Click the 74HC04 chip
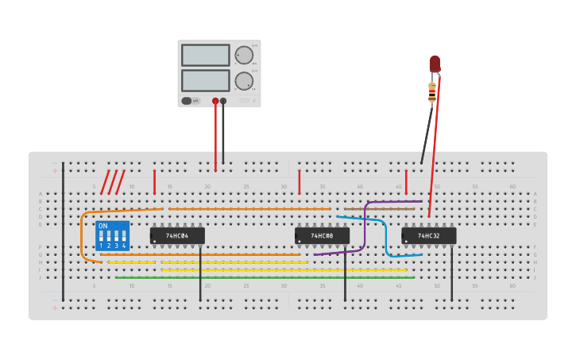[x=176, y=236]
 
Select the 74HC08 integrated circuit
[x=322, y=236]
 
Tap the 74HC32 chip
[x=428, y=236]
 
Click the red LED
[x=435, y=64]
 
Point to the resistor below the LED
[x=432, y=92]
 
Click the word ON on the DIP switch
[x=102, y=226]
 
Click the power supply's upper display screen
[x=205, y=55]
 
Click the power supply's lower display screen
[x=205, y=80]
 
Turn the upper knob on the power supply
[x=243, y=55]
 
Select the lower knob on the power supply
[x=243, y=80]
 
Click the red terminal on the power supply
[x=215, y=101]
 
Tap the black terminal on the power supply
[x=223, y=101]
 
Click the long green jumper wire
[x=262, y=277]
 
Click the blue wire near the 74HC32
[x=386, y=238]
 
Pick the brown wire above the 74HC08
[x=381, y=209]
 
